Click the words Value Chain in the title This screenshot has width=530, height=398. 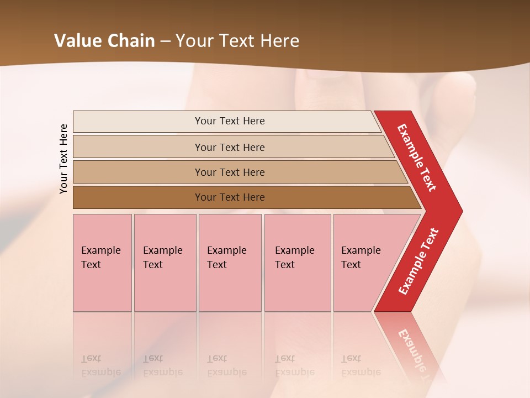pyautogui.click(x=104, y=41)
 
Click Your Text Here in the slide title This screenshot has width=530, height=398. pyautogui.click(x=237, y=41)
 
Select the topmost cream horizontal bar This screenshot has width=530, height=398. pyautogui.click(x=230, y=121)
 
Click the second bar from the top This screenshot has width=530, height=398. pyautogui.click(x=230, y=147)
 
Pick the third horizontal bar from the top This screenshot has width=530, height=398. pyautogui.click(x=230, y=172)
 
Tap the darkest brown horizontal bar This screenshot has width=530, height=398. pyautogui.click(x=230, y=197)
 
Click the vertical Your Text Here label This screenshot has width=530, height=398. pyautogui.click(x=64, y=159)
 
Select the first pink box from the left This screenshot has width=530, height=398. pyautogui.click(x=102, y=263)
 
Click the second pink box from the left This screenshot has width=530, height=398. pyautogui.click(x=165, y=263)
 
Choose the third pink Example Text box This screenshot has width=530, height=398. pyautogui.click(x=230, y=263)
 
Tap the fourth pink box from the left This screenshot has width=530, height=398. pyautogui.click(x=298, y=263)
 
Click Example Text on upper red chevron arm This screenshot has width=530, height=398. pyautogui.click(x=417, y=158)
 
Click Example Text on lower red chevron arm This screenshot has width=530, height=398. pyautogui.click(x=418, y=261)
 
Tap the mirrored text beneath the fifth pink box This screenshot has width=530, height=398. pyautogui.click(x=361, y=365)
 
